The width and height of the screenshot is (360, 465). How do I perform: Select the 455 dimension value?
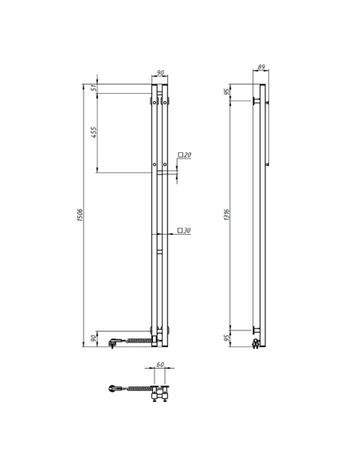click(94, 132)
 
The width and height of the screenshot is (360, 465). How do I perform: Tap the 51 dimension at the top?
click(94, 88)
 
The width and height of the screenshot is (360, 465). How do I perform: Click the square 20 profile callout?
click(185, 155)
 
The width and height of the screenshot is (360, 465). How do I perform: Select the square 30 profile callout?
click(185, 231)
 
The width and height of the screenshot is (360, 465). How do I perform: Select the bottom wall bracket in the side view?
click(256, 330)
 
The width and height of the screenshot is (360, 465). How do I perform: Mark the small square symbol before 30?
click(181, 231)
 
